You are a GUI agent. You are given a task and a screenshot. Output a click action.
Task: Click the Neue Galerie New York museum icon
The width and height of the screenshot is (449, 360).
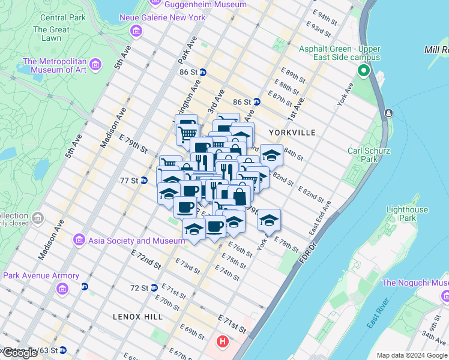(137, 30)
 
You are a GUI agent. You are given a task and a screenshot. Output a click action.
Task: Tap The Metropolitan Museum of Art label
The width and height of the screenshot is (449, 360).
(55, 65)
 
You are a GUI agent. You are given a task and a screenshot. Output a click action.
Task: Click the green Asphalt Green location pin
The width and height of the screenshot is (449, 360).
(363, 71)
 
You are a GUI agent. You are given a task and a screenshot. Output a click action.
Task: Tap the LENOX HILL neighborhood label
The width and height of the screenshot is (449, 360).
(135, 316)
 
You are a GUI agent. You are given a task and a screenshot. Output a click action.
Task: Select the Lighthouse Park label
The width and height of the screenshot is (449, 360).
(408, 214)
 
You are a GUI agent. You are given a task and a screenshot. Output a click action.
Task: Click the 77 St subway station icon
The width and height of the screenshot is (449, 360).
(144, 180)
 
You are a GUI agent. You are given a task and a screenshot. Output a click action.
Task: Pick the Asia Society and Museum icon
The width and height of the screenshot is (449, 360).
(79, 241)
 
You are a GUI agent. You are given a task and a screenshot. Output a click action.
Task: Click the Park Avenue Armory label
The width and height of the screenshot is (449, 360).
(41, 276)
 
